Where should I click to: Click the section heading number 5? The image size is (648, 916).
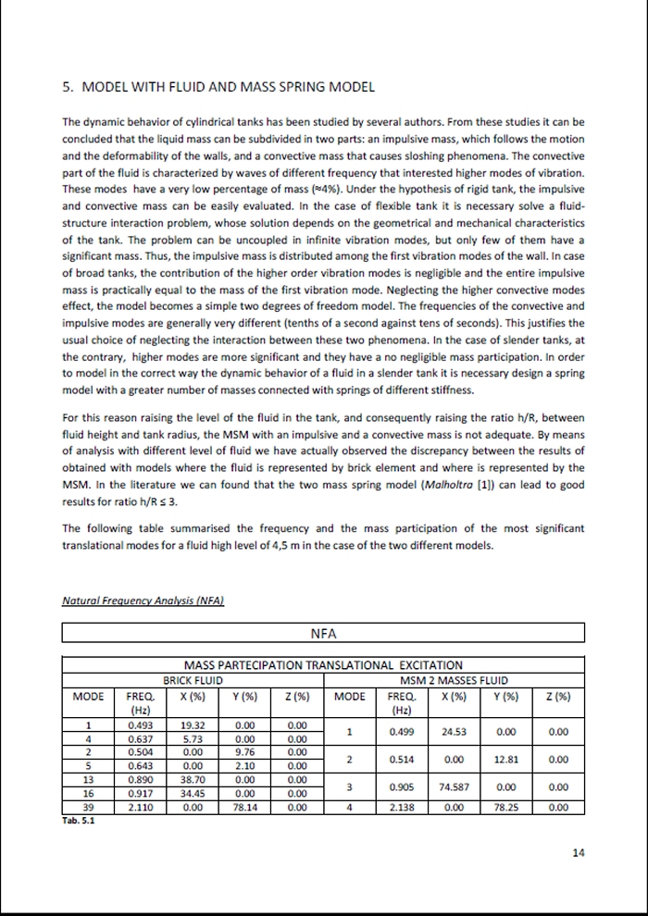point(67,87)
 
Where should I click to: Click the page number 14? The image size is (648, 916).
point(579,853)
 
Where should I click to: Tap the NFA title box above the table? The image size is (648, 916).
point(323,633)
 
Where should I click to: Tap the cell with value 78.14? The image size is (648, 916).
point(245,807)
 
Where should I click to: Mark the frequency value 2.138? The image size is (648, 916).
point(400,807)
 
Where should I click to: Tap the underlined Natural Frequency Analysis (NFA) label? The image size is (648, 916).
point(143,600)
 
